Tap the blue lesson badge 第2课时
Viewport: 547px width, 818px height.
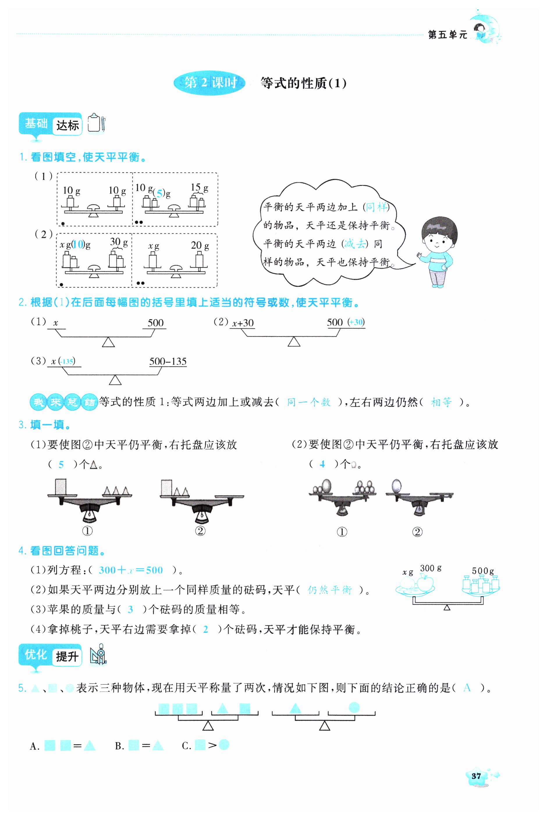coord(210,83)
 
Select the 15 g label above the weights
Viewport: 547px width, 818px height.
coord(199,188)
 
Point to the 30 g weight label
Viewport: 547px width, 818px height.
coord(119,242)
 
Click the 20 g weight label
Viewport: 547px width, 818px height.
coord(200,246)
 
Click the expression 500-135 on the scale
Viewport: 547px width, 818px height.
coord(168,361)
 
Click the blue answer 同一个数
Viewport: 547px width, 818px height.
coord(308,402)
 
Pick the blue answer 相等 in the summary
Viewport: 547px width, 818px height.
coord(441,402)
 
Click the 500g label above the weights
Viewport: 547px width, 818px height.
coord(483,571)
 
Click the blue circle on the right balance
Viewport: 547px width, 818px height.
coord(354,707)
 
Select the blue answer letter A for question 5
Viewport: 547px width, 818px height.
coord(467,688)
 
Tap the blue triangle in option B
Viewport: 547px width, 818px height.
coord(158,746)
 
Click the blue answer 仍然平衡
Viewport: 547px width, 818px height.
coord(330,590)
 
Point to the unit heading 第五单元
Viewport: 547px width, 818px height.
coord(447,35)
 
